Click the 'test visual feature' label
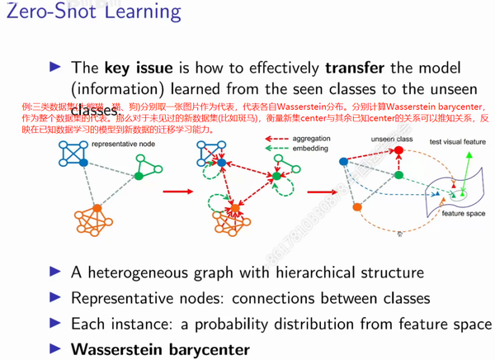click(x=456, y=142)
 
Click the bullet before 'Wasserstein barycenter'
click(x=56, y=349)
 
